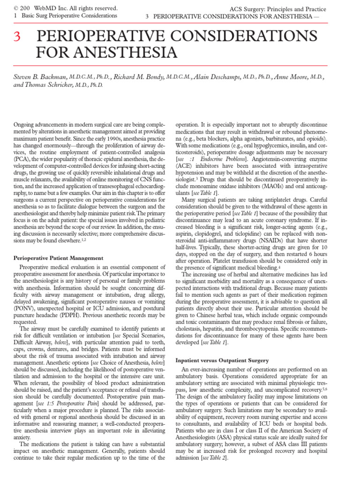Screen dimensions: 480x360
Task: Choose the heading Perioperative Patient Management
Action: (x=58, y=258)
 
